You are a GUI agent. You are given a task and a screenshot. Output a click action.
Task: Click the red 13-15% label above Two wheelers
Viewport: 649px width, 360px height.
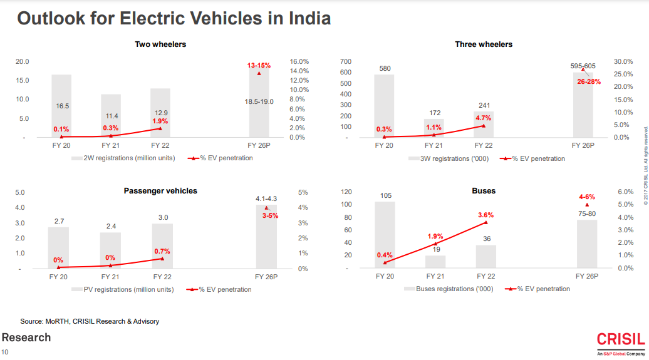(259, 65)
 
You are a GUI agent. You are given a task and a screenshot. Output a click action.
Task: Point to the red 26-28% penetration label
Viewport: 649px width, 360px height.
(589, 81)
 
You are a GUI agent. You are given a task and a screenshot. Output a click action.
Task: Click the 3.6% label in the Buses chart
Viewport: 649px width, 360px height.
(485, 215)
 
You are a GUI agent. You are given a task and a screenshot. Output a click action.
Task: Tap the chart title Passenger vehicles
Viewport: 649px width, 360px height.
(160, 191)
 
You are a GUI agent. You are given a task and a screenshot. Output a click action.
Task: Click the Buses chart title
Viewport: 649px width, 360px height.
(484, 190)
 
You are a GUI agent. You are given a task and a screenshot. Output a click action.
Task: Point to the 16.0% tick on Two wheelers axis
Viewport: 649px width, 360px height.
(299, 61)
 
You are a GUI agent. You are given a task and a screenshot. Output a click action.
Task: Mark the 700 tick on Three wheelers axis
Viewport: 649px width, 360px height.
(346, 62)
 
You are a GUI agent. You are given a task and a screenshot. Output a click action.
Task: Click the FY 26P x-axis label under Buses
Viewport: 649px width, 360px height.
(587, 276)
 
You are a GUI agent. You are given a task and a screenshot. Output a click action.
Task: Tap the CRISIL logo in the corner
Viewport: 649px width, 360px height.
(620, 341)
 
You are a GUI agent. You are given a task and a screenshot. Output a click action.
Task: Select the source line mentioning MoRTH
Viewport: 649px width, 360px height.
(90, 321)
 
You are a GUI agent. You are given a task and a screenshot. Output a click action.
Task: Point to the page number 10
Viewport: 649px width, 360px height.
(5, 352)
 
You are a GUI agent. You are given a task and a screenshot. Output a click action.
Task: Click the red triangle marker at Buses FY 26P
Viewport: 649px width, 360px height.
(587, 205)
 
